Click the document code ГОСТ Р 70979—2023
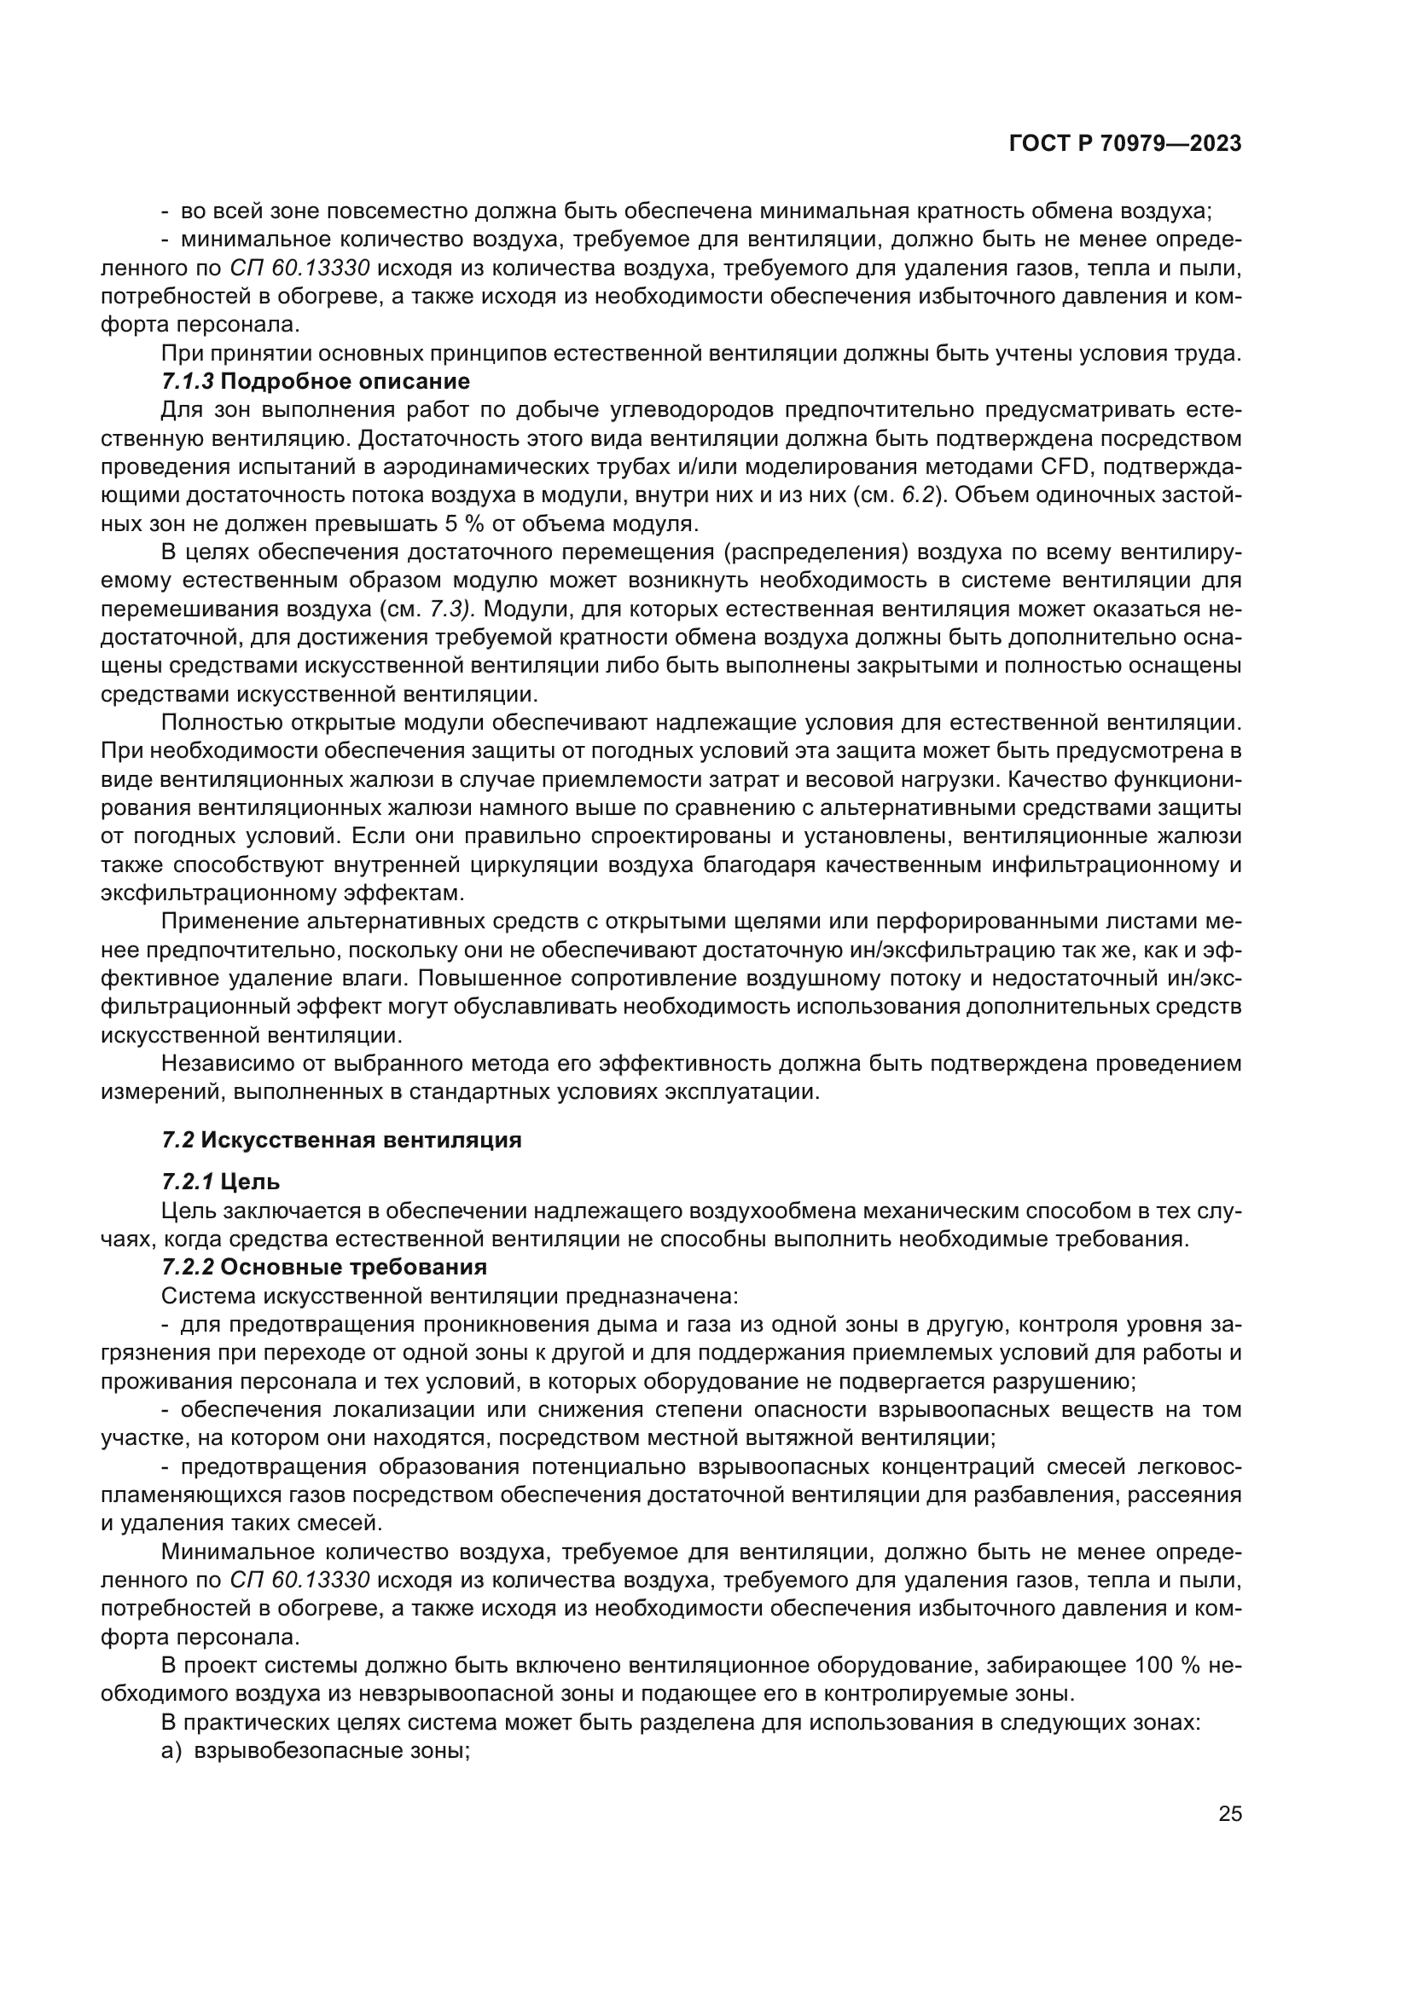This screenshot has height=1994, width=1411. (1125, 144)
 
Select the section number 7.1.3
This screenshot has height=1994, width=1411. (188, 381)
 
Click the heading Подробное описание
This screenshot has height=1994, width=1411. (345, 381)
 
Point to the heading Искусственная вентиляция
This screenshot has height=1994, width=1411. (361, 1141)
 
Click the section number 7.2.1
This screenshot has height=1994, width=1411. (188, 1181)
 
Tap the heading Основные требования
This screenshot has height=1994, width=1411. (354, 1266)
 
